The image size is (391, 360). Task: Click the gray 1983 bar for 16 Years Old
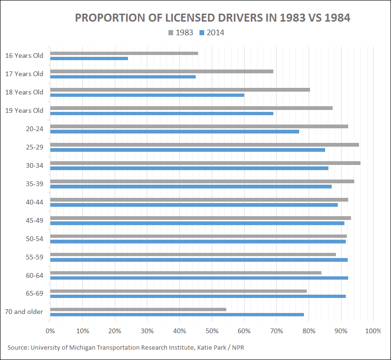pyautogui.click(x=124, y=53)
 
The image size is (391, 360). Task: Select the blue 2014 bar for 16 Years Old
pyautogui.click(x=89, y=58)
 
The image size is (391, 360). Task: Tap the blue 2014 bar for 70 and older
pyautogui.click(x=177, y=314)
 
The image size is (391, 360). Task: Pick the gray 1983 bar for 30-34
pyautogui.click(x=205, y=163)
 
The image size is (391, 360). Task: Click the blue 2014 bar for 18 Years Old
pyautogui.click(x=147, y=95)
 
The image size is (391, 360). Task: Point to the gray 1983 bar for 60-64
pyautogui.click(x=185, y=273)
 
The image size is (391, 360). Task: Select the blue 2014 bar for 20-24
pyautogui.click(x=175, y=132)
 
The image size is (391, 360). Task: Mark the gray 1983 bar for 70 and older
pyautogui.click(x=138, y=309)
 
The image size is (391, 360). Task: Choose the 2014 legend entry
pyautogui.click(x=212, y=33)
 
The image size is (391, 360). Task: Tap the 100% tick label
pyautogui.click(x=373, y=331)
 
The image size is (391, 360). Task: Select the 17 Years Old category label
pyautogui.click(x=24, y=74)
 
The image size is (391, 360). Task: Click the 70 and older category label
pyautogui.click(x=24, y=312)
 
